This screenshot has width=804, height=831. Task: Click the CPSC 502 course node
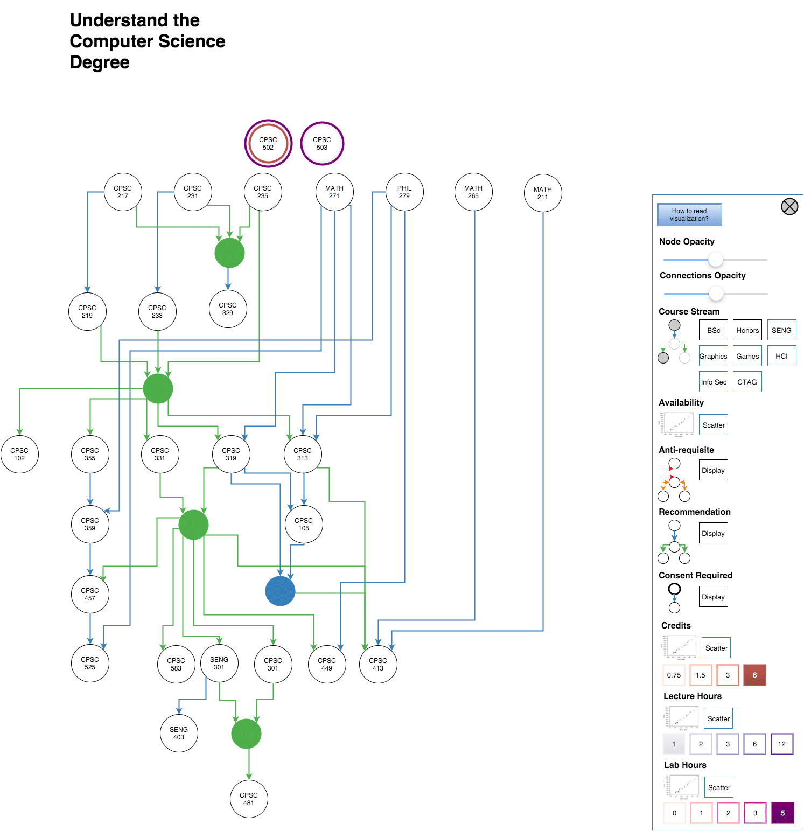click(x=268, y=144)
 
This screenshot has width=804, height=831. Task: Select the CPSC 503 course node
click(x=322, y=144)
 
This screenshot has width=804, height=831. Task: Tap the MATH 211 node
click(x=543, y=193)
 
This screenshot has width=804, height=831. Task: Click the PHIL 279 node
click(x=404, y=192)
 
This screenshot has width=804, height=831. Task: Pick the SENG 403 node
click(x=179, y=734)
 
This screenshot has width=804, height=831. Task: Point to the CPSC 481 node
click(x=249, y=799)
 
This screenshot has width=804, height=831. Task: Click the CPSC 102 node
click(x=19, y=455)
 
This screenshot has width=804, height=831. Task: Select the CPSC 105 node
click(x=304, y=525)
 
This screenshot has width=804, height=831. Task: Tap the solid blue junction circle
click(x=280, y=591)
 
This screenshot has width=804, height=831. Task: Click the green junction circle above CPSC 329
click(x=229, y=253)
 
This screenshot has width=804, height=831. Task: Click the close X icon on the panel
click(x=789, y=206)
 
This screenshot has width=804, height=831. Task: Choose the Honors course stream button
click(x=747, y=330)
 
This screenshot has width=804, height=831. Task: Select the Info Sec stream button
click(x=714, y=382)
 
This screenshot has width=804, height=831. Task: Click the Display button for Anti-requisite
click(x=713, y=470)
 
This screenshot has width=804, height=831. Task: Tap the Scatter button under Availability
click(x=714, y=425)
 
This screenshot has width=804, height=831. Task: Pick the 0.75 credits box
click(x=674, y=675)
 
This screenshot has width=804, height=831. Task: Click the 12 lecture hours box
click(x=781, y=744)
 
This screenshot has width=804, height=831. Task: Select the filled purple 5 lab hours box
click(x=782, y=813)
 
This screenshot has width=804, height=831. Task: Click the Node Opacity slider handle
click(x=715, y=260)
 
